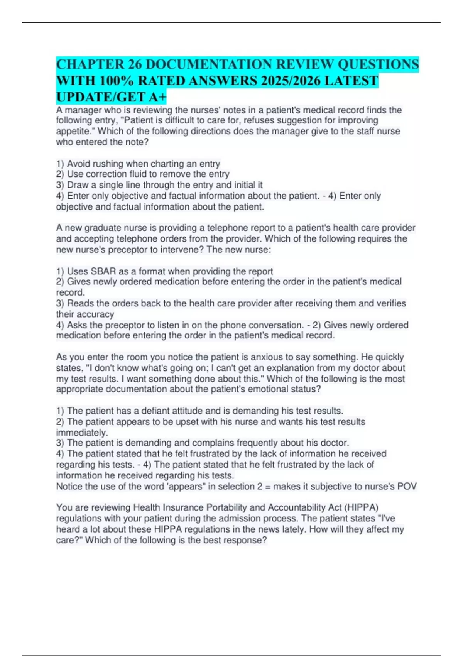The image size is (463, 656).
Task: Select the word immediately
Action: (x=81, y=433)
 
